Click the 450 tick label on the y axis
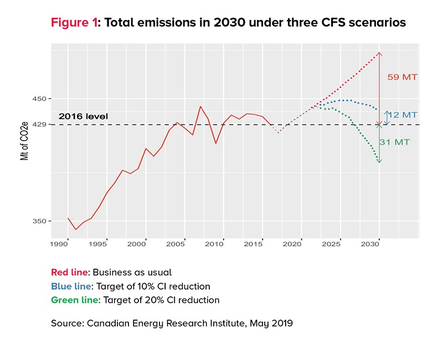(x=40, y=99)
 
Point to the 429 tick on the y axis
(x=40, y=125)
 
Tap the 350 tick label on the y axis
(x=40, y=221)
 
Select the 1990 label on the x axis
(x=59, y=243)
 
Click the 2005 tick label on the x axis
(x=176, y=243)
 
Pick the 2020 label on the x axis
(x=300, y=243)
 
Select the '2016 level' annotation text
(x=83, y=117)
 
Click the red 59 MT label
(x=402, y=77)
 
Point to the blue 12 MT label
(x=403, y=115)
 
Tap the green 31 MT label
(x=395, y=142)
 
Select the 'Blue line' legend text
(x=71, y=286)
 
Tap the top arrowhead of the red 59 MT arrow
(x=379, y=53)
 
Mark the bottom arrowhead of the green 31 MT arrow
(x=379, y=161)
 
